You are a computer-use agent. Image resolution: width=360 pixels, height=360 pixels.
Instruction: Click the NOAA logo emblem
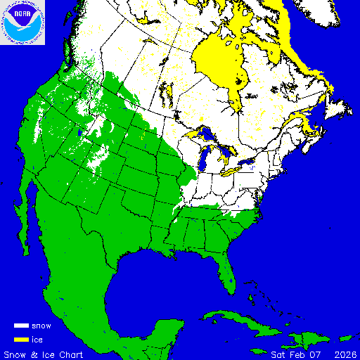22,22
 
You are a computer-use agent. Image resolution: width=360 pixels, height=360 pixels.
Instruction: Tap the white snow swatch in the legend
21,326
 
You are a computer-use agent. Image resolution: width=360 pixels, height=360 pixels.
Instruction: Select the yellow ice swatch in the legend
21,340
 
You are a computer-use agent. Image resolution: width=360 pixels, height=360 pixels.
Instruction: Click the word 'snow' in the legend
41,326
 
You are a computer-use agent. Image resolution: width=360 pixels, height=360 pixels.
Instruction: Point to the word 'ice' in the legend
37,340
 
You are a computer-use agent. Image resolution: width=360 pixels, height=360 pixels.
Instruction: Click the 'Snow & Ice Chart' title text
44,354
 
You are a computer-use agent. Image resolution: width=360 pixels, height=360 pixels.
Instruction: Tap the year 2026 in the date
345,354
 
